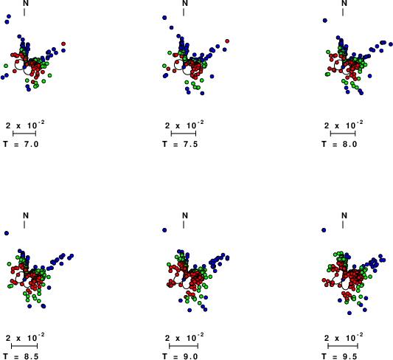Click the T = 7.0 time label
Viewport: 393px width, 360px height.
click(x=21, y=144)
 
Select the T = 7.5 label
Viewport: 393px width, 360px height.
click(x=180, y=144)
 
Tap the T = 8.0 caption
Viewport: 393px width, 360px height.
click(x=339, y=144)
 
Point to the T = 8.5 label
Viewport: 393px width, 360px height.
click(x=21, y=356)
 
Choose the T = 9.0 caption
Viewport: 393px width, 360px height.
click(x=180, y=356)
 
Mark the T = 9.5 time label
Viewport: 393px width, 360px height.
click(x=339, y=356)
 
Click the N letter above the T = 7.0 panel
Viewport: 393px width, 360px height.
click(x=26, y=3)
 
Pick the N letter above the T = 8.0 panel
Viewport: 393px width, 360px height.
click(x=344, y=3)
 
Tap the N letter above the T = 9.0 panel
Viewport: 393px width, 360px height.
click(x=185, y=215)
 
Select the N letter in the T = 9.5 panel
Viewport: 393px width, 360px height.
click(x=344, y=215)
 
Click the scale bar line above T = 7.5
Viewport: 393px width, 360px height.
click(x=184, y=134)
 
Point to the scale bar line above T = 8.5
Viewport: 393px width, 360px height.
click(x=24, y=346)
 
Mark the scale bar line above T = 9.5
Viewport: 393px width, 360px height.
click(x=343, y=346)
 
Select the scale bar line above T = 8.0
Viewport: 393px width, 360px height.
click(x=343, y=134)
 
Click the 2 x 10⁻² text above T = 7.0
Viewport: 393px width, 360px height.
click(x=25, y=125)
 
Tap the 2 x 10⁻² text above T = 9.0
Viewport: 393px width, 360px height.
click(x=184, y=337)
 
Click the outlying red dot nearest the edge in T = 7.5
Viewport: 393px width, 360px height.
click(x=227, y=41)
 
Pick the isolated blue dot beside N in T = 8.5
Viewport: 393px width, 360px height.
click(x=7, y=233)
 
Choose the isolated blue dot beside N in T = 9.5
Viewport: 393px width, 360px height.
click(x=324, y=230)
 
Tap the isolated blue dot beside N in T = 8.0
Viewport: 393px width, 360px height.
click(x=325, y=21)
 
